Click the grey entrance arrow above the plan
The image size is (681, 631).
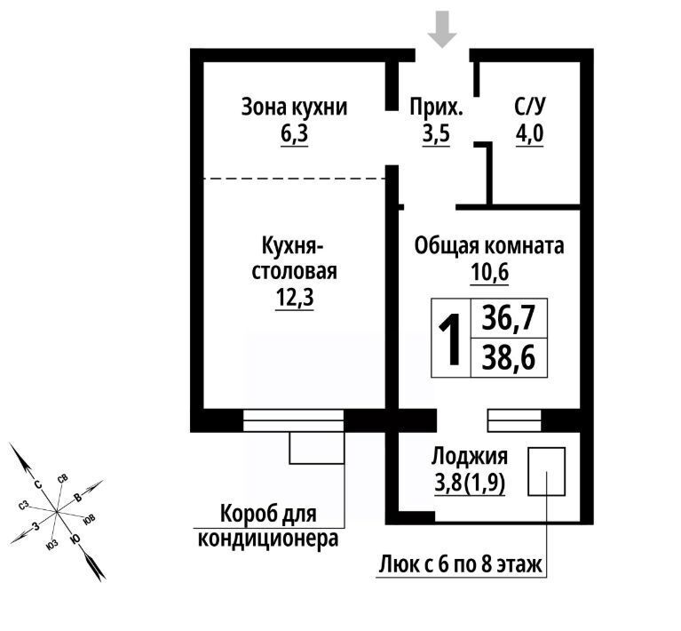[x=442, y=29]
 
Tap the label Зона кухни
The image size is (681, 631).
[x=295, y=107]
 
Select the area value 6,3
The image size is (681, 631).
[x=294, y=134]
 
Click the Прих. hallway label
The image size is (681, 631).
[x=436, y=107]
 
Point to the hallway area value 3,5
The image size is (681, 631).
[x=436, y=134]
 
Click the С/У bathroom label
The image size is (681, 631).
[x=529, y=106]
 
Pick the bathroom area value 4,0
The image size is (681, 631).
[x=529, y=134]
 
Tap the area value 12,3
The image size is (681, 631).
[x=295, y=299]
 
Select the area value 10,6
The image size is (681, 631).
[x=489, y=273]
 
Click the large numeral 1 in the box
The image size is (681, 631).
[x=450, y=339]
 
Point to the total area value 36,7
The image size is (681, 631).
[x=509, y=318]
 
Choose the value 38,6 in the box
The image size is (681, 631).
[x=509, y=357]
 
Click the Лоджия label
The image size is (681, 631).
[x=470, y=457]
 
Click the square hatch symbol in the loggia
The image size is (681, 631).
[x=546, y=471]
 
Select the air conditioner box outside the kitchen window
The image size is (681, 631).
[x=317, y=448]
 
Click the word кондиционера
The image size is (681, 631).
[x=268, y=539]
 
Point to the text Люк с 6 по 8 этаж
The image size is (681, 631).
[x=461, y=565]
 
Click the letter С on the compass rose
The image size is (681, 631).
[x=38, y=484]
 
